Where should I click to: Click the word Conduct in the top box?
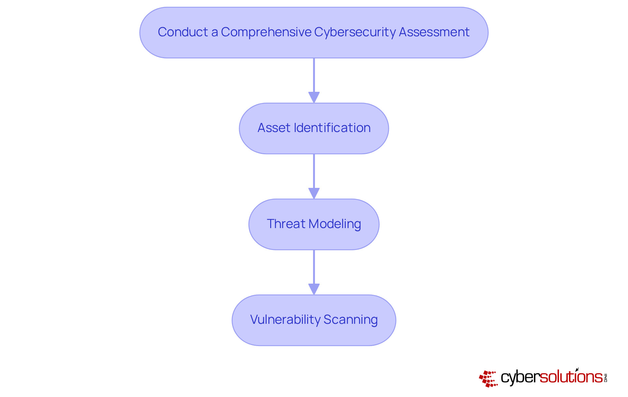[183, 32]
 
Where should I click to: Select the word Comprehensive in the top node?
[266, 32]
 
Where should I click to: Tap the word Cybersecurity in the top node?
[355, 32]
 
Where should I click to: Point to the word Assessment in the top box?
[434, 32]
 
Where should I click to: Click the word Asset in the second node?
[274, 128]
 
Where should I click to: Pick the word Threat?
[286, 224]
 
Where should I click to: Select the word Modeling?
[335, 224]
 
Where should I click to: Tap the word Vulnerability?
[285, 320]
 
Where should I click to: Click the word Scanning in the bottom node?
[350, 320]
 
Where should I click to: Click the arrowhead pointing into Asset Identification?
[314, 97]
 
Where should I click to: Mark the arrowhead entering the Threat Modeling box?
[314, 193]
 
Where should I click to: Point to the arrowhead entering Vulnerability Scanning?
[314, 289]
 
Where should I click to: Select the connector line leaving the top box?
[314, 75]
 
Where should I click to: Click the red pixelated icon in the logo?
[488, 378]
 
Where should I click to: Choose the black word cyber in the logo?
[520, 377]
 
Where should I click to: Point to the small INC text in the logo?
[605, 378]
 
